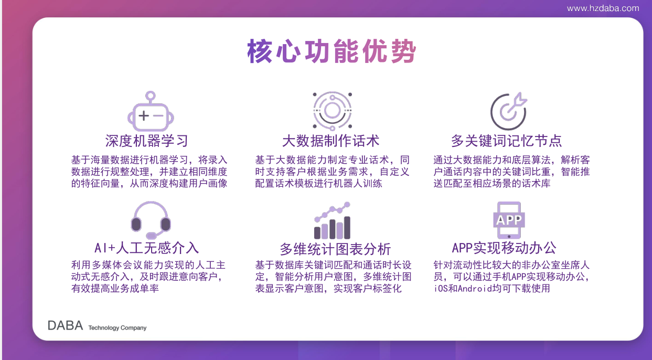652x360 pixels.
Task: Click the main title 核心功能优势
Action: pos(332,51)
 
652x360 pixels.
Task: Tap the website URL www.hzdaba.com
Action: pos(603,8)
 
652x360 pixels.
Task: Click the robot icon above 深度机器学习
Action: pos(151,111)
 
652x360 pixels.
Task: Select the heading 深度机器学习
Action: pos(147,141)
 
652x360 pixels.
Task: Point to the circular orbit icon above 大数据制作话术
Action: pos(332,111)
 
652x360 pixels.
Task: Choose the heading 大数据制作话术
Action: pos(331,141)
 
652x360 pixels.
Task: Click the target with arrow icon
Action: pos(508,111)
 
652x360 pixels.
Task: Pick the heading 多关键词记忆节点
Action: pos(507,141)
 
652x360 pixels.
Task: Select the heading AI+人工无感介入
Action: pos(147,248)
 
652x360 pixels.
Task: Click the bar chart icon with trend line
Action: pos(332,220)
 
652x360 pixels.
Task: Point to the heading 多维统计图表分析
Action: pos(335,249)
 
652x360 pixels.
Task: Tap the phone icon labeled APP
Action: pos(509,220)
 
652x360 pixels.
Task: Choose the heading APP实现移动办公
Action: pos(504,248)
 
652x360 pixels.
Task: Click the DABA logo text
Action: pos(65,326)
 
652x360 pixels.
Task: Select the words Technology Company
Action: pos(117,327)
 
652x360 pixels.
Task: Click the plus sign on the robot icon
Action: pos(144,115)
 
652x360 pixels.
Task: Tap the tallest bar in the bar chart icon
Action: pos(347,228)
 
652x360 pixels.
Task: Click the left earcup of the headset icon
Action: pos(136,224)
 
